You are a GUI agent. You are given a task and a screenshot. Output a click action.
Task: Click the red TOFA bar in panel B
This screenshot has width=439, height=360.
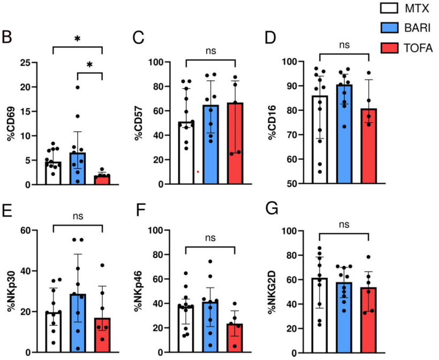[102, 180]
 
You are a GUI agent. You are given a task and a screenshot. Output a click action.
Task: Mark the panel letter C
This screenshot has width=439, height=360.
[139, 38]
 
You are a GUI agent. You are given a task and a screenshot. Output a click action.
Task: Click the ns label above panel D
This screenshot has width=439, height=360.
[344, 45]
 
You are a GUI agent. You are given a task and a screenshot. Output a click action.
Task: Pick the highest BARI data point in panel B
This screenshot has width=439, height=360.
[78, 87]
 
